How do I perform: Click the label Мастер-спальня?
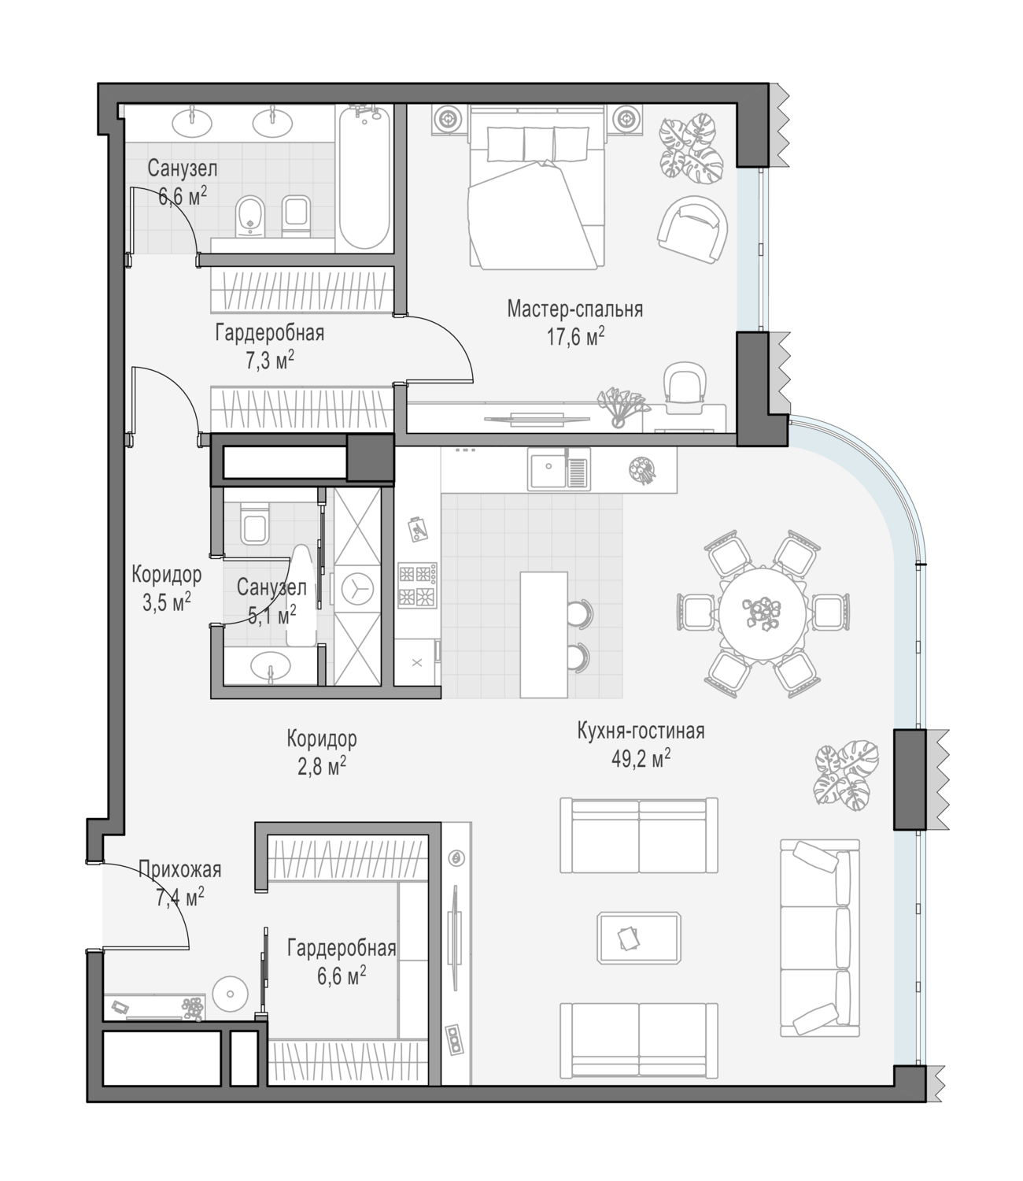coord(575,309)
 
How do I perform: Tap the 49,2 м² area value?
coord(641,759)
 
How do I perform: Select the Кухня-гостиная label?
coord(641,731)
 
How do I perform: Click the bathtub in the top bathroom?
coord(364,178)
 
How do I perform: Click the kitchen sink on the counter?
coord(560,468)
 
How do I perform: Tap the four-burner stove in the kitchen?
coord(418,585)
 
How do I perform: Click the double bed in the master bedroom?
coord(537,187)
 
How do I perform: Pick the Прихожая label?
coord(180,869)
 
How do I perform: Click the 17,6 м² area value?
coord(576,337)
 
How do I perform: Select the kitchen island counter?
coord(544,635)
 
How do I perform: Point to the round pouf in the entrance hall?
coord(231,994)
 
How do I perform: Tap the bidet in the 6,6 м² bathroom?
coord(250,217)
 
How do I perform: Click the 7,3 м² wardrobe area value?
coord(270,361)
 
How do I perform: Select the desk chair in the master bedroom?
coord(685,387)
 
